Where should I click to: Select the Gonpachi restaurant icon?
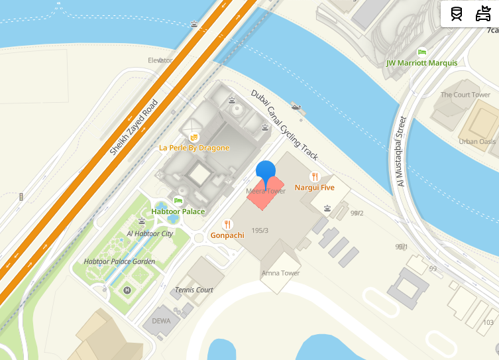228,224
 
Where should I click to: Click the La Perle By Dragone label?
194,148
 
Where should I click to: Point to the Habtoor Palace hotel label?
178,211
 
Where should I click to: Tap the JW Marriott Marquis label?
421,63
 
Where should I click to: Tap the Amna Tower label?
280,273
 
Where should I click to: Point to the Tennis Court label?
194,290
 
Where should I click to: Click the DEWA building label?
161,321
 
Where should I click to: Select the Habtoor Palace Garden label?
119,262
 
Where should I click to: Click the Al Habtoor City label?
150,234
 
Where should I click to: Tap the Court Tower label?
465,95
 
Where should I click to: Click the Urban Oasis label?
477,141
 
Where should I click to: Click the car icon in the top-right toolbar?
483,13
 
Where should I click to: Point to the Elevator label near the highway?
160,60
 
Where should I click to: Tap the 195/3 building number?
260,231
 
